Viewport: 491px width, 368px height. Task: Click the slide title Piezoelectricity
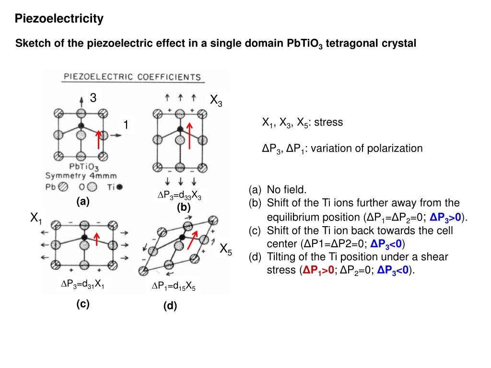(59, 19)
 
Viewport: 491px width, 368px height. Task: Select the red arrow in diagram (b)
(190, 135)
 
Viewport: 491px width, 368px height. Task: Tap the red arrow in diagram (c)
(97, 238)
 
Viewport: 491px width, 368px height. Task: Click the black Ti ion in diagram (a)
(81, 126)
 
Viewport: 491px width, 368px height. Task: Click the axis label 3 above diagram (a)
(93, 98)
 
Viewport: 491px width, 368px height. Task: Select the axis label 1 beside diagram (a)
(126, 125)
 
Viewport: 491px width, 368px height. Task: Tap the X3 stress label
(216, 101)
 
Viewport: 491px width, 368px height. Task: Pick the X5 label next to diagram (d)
(226, 249)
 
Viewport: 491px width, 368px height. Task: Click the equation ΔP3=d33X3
(179, 195)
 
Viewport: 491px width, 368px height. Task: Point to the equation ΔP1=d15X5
(174, 287)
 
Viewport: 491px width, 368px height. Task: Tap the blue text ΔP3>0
(445, 218)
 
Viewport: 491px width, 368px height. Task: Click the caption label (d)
(170, 306)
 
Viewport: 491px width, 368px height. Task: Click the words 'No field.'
(286, 190)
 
